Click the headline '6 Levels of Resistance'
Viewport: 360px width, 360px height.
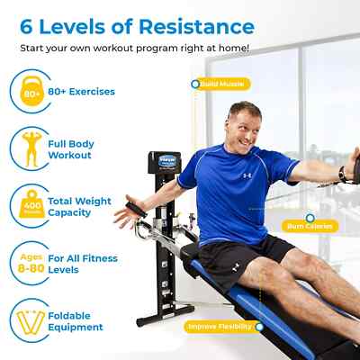(x=131, y=24)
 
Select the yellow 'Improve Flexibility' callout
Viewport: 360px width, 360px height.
(x=220, y=326)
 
